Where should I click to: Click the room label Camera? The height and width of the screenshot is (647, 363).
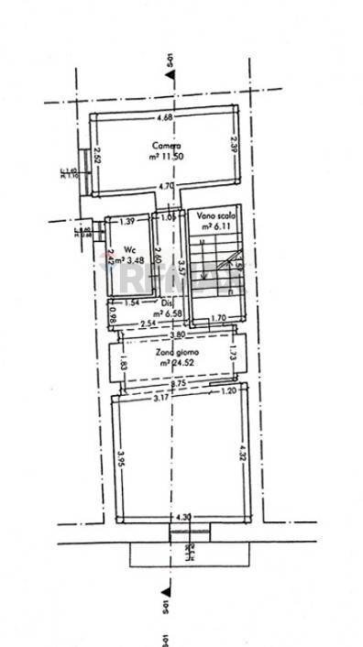coord(166,146)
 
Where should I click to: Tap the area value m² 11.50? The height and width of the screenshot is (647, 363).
coord(166,158)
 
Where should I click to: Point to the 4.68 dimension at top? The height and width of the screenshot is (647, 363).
coord(165,118)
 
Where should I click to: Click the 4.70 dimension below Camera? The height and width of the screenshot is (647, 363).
coord(166,187)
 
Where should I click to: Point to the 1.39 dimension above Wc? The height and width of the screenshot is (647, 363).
coord(127,221)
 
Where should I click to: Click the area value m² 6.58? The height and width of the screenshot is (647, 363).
coord(168,313)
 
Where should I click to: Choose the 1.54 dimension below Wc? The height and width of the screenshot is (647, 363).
coord(131,303)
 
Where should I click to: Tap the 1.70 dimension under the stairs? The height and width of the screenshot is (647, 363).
coord(219,319)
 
